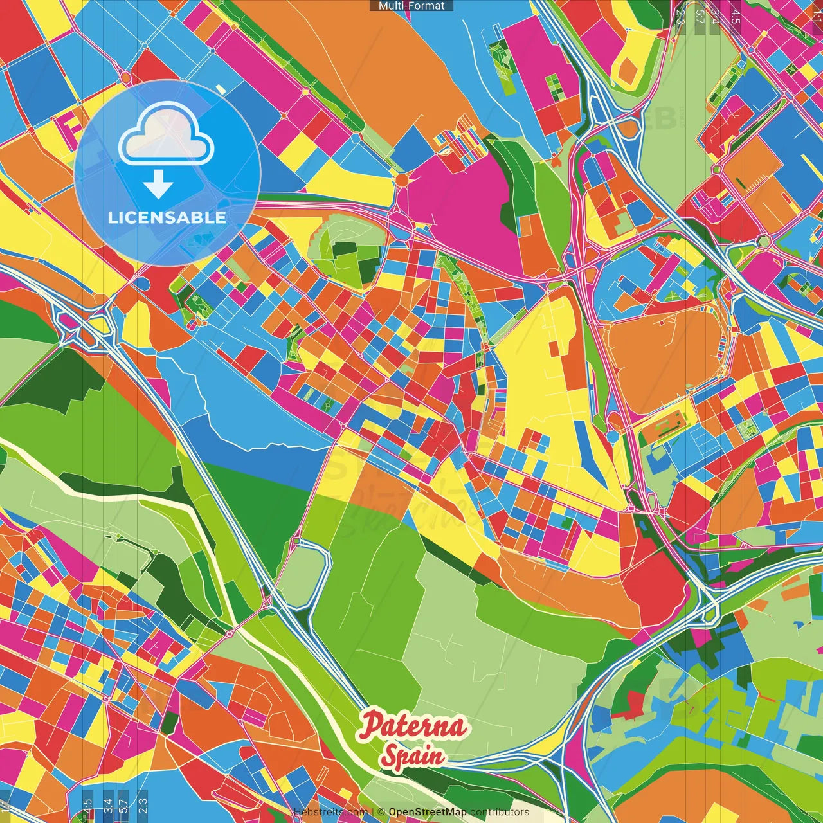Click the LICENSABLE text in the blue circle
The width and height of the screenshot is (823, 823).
(167, 217)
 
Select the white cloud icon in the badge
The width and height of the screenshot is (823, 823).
(167, 134)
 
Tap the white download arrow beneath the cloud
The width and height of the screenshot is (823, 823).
(158, 185)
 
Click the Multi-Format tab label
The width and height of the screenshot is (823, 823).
(411, 6)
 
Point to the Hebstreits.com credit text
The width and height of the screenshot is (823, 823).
(330, 812)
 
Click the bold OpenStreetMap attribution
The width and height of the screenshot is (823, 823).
(428, 812)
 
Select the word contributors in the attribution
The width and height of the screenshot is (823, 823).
(500, 812)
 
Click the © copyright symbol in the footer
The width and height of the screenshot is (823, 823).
(381, 812)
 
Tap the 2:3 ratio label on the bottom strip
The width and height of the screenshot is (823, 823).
(143, 806)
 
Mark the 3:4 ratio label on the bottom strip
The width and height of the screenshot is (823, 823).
(107, 806)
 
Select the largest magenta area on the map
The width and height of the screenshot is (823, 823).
(463, 206)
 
